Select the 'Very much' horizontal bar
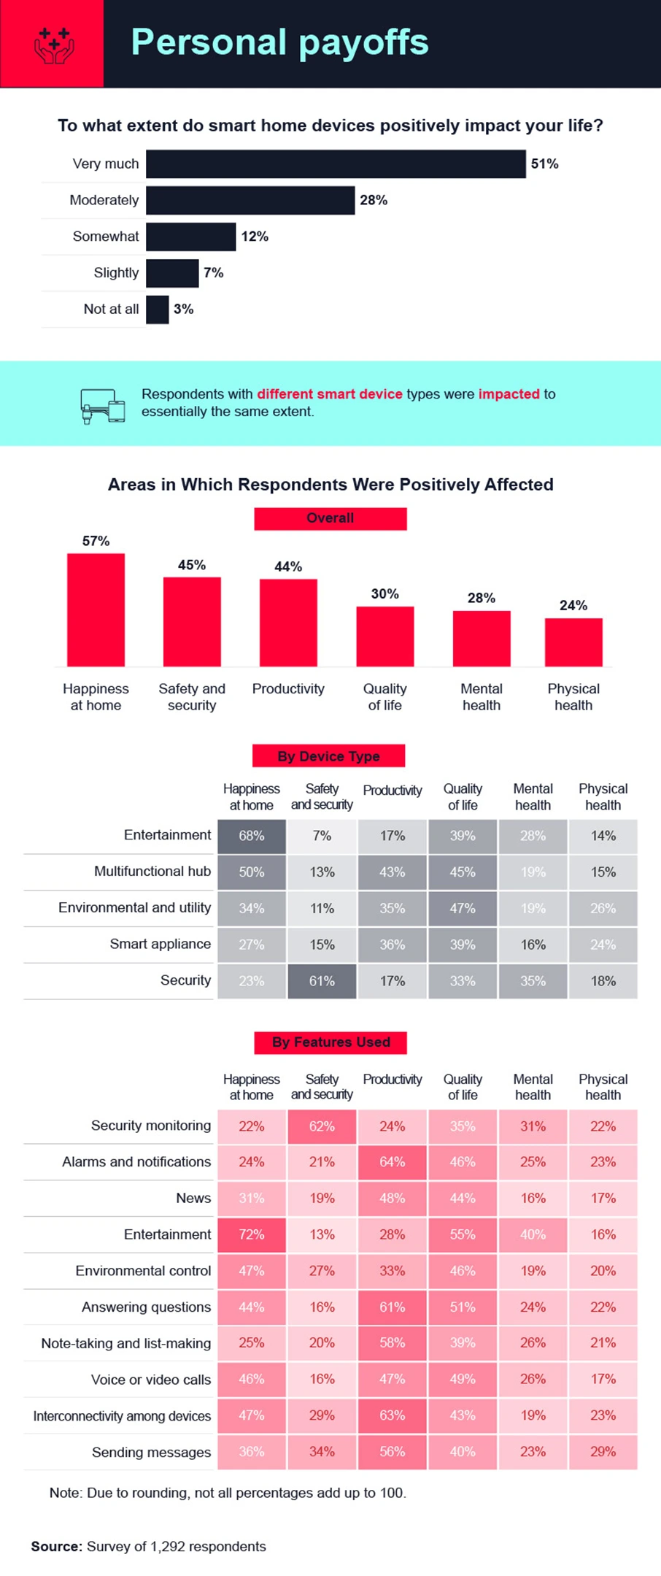click(336, 164)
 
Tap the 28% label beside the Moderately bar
click(374, 200)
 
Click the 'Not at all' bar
click(157, 310)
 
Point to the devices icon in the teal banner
click(102, 406)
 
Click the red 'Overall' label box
click(330, 518)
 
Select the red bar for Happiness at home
click(96, 610)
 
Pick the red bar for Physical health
click(573, 642)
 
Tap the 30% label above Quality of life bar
click(384, 594)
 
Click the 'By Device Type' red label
click(328, 756)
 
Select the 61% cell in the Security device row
click(322, 981)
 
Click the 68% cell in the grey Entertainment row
click(252, 836)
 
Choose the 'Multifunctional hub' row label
click(152, 872)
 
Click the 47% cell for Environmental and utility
click(463, 908)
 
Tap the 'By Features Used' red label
click(330, 1042)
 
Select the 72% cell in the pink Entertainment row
click(252, 1234)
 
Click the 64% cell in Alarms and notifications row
click(392, 1162)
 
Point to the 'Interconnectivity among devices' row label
click(122, 1416)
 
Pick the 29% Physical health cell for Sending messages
click(603, 1452)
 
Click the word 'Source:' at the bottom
click(56, 1546)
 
